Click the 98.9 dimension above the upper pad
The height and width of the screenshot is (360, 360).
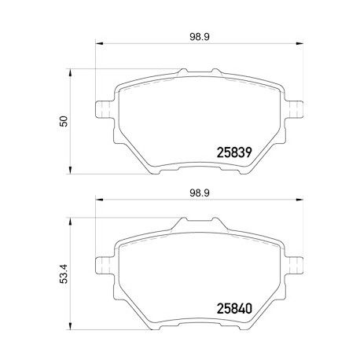coord(200,37)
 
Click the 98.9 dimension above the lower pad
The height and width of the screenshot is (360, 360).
coord(200,193)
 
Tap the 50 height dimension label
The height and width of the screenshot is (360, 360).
coord(64,121)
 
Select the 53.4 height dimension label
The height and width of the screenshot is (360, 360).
coord(64,274)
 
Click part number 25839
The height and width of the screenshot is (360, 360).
coord(234,152)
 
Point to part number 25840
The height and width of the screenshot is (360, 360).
coord(234,309)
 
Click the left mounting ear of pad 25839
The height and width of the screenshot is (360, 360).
coord(105,109)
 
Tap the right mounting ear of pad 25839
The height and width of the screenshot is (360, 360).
coord(294,109)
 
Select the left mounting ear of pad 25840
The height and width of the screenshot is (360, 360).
coord(105,266)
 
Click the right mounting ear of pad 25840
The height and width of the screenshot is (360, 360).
coord(294,266)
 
